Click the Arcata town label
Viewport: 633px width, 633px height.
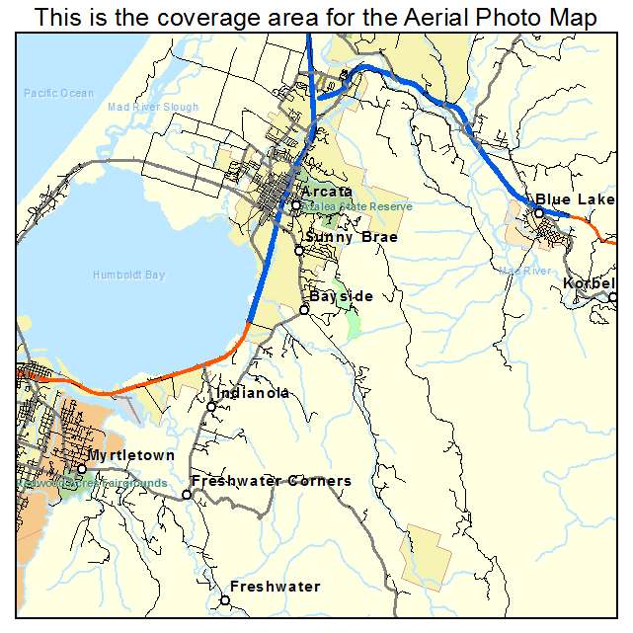pos(327,192)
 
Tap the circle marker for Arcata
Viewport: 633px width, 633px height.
pos(295,205)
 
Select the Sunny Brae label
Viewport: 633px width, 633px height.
pos(352,237)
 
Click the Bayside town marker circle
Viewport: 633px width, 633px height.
pos(304,310)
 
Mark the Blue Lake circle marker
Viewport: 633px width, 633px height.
pos(539,212)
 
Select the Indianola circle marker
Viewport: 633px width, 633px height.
pos(211,407)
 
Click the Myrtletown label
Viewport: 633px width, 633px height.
pos(131,455)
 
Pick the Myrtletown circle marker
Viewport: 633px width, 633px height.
pos(82,468)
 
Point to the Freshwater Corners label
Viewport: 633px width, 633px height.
pos(271,481)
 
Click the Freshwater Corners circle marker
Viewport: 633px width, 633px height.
pos(186,494)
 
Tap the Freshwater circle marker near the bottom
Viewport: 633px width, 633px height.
pos(225,599)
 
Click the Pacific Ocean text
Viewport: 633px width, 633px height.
pos(59,94)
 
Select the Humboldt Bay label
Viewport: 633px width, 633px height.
pos(128,275)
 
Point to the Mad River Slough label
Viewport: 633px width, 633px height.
pos(153,107)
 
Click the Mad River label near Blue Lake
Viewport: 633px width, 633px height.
pos(524,271)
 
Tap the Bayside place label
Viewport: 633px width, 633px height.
pos(341,296)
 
